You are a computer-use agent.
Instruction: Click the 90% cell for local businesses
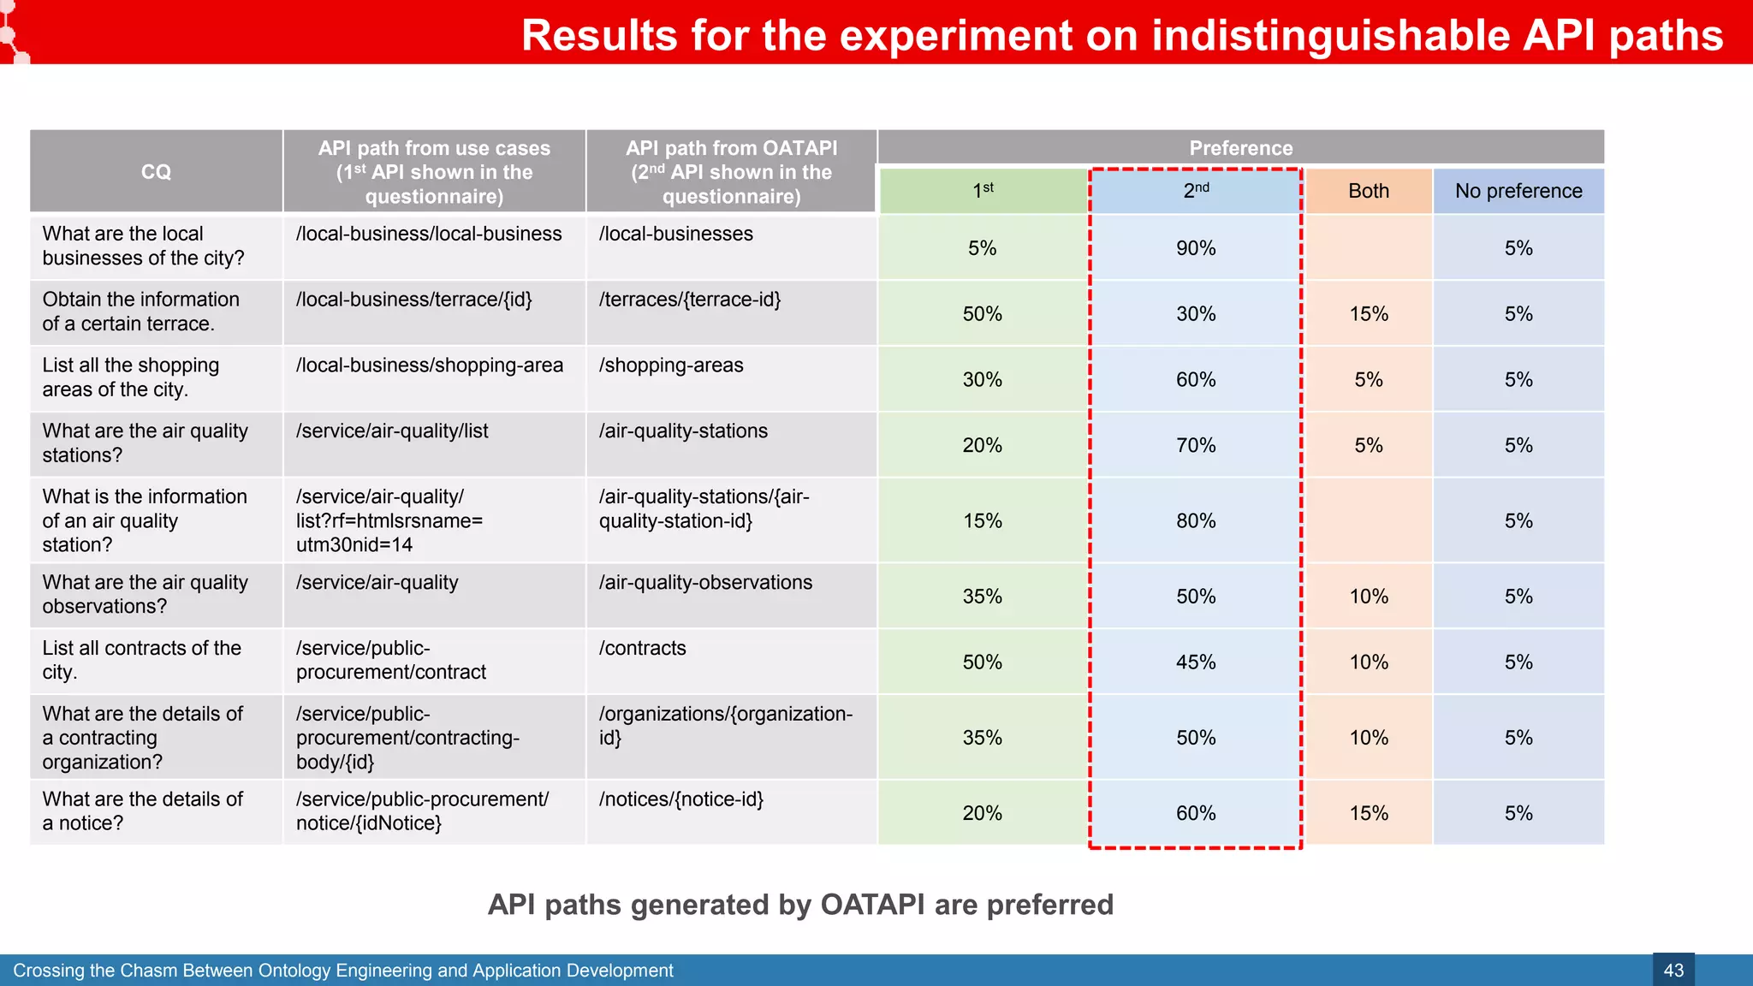pos(1195,248)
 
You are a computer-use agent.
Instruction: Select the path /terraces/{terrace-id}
pos(690,300)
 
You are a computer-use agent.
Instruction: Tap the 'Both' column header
pos(1368,191)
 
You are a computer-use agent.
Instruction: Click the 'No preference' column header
pos(1518,191)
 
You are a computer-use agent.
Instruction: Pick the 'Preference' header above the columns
pos(1240,148)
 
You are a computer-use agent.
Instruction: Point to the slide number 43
pos(1673,971)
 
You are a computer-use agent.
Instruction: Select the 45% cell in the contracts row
pos(1195,662)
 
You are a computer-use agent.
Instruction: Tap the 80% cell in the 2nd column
pos(1195,521)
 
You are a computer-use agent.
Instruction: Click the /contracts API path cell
pos(643,649)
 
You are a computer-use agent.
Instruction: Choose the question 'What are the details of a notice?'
pos(142,811)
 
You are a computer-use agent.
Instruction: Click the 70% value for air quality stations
pos(1195,446)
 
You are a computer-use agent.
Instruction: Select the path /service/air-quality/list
pos(392,431)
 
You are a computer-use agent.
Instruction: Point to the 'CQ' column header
pos(156,172)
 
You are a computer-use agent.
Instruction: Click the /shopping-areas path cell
pos(671,365)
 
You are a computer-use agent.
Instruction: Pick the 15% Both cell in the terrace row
pos(1368,314)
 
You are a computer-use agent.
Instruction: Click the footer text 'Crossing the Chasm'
pos(94,971)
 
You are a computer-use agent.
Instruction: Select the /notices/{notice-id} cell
pos(681,799)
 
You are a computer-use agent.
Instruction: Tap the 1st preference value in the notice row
pos(982,813)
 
